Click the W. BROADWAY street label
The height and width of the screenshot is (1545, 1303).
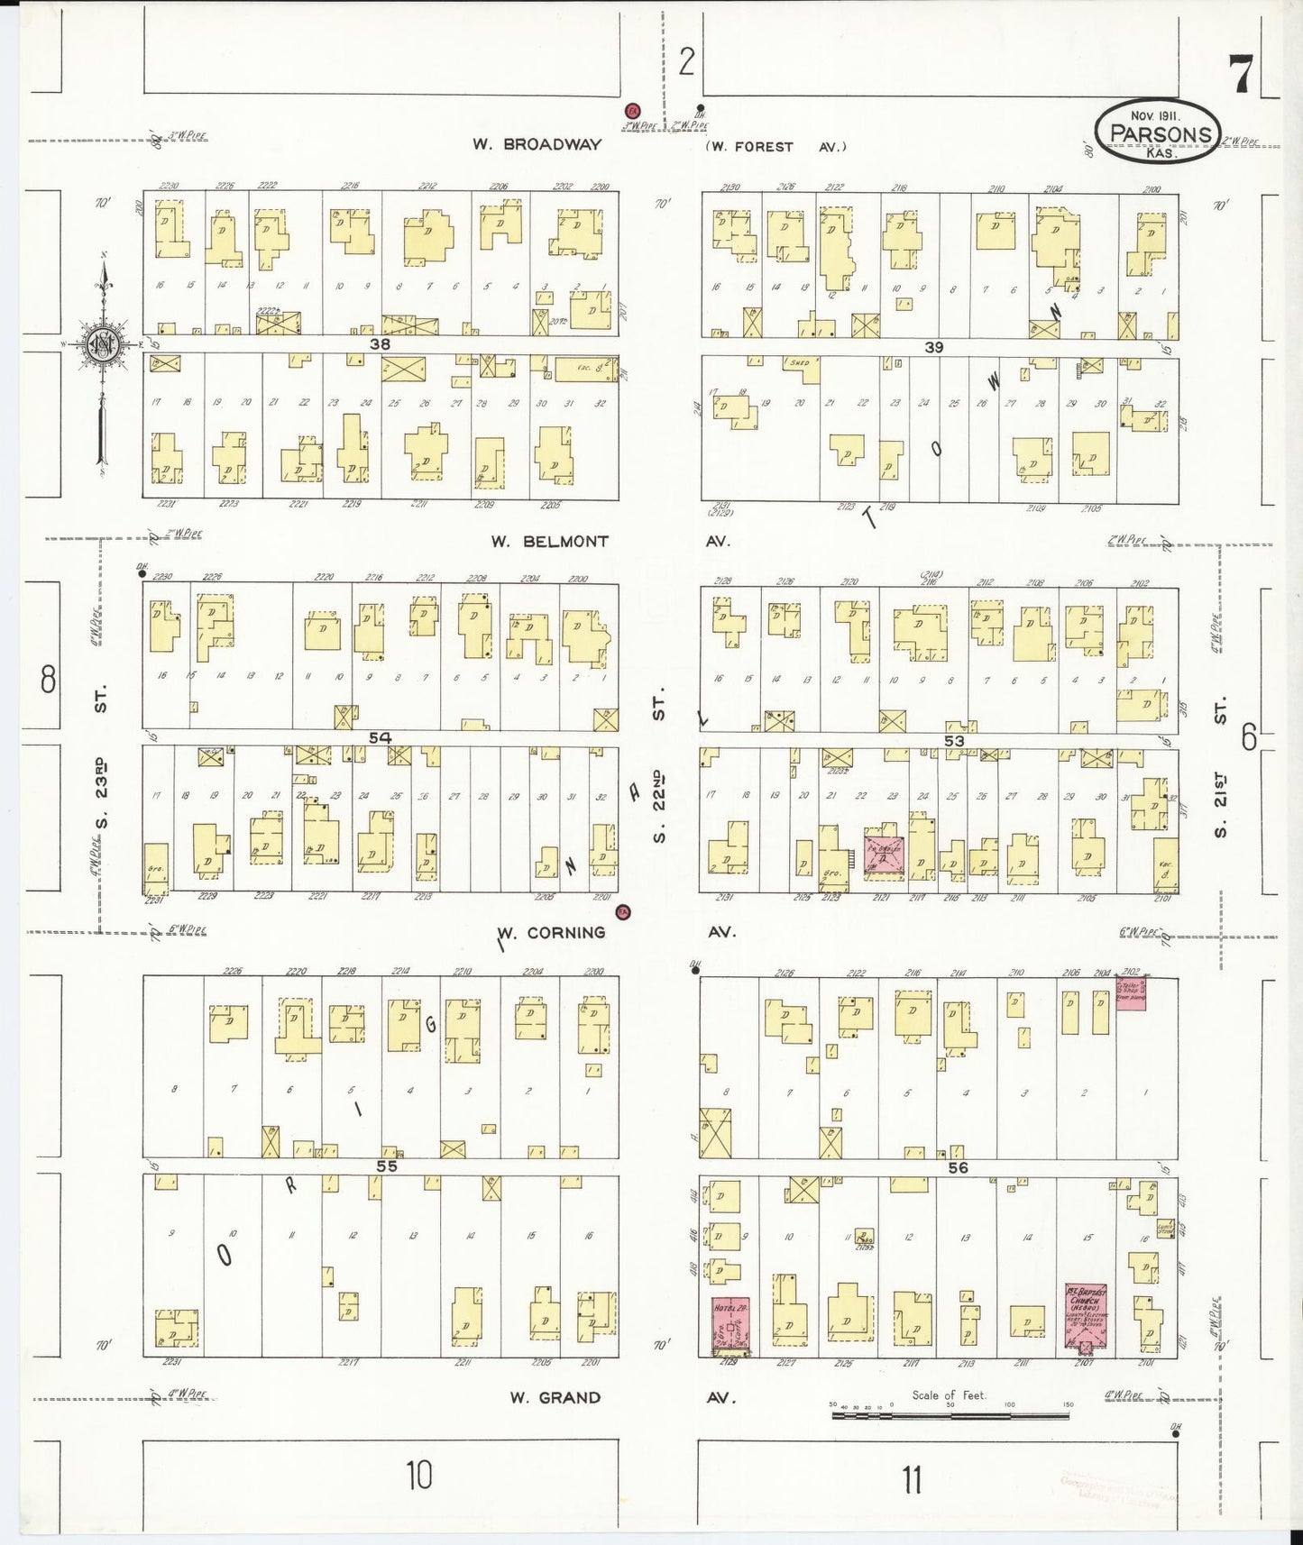point(537,144)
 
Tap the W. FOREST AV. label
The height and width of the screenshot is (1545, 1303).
point(776,147)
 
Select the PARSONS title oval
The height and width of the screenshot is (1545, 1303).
point(1159,132)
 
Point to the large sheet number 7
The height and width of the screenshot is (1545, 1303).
point(1241,74)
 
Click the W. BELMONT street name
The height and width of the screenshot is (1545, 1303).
point(549,542)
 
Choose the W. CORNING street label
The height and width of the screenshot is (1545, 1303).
point(552,933)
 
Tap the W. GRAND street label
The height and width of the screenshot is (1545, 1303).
point(555,1398)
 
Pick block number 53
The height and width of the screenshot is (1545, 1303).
point(953,741)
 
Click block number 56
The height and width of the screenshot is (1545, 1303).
point(957,1167)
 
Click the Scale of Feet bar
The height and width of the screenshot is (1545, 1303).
point(950,1414)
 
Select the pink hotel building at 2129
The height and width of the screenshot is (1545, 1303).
point(730,1325)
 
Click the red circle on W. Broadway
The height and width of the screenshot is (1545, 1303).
point(633,109)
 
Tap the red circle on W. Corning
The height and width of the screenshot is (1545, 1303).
point(622,912)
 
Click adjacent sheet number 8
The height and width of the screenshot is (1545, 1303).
point(47,679)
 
